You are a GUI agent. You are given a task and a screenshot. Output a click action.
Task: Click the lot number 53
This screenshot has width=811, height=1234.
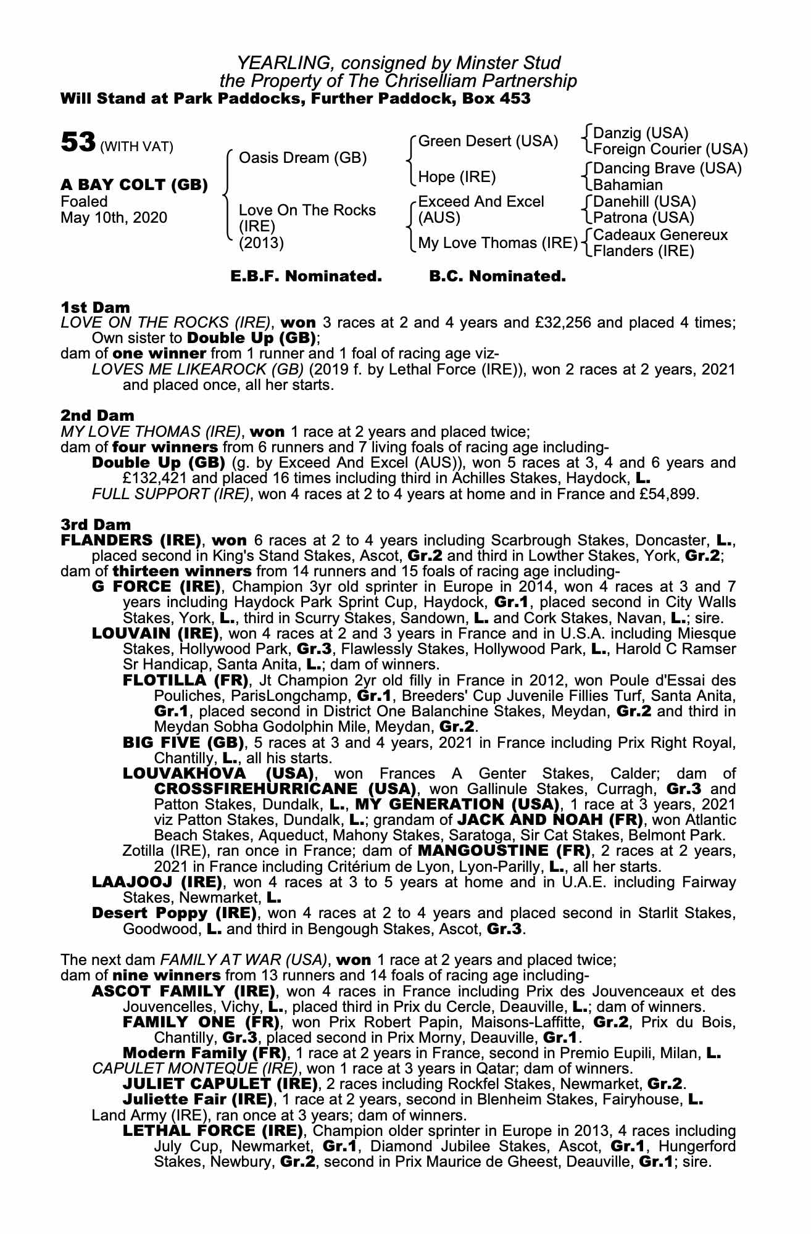pos(77,143)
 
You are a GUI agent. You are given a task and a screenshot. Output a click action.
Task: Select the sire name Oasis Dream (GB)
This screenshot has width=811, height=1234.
pos(302,159)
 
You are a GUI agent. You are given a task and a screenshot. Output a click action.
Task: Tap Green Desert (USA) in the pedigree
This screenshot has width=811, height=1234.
pos(488,141)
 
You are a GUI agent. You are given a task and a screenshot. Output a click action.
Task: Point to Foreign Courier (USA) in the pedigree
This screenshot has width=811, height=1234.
pos(670,149)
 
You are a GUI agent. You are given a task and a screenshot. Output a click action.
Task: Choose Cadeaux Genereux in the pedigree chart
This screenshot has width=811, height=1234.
pos(660,235)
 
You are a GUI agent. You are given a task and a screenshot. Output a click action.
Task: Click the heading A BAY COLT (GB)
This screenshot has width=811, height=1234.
pos(134,185)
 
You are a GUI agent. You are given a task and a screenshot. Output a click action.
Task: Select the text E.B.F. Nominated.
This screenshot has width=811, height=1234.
pos(306,276)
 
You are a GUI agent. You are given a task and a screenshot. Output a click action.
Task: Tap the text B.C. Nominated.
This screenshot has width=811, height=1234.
pos(497,276)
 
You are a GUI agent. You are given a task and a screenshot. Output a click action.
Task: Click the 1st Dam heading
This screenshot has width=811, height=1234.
pos(95,307)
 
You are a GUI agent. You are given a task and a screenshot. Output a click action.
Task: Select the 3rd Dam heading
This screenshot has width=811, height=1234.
pos(96,524)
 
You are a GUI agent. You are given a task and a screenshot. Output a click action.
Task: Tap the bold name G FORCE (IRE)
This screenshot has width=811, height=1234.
pos(156,586)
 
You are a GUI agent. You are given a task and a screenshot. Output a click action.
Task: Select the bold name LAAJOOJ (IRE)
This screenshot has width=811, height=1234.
pos(156,882)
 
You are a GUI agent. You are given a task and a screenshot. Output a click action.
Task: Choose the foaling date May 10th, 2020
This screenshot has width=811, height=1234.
pos(114,218)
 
